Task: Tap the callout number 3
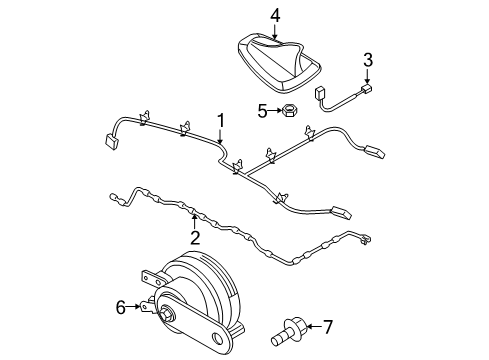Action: (x=367, y=60)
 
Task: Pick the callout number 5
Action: (x=262, y=111)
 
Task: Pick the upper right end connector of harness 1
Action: (x=375, y=152)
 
